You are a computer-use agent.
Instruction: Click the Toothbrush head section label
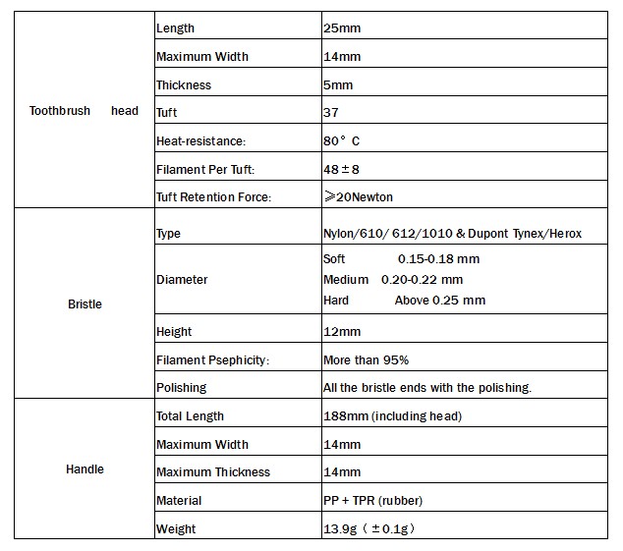coord(85,112)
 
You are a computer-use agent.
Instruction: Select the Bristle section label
coord(85,304)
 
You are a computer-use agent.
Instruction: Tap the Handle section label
coord(85,469)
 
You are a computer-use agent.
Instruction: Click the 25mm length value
coord(341,28)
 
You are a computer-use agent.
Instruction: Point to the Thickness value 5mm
coord(338,85)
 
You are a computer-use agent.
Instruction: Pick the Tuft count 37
coord(331,113)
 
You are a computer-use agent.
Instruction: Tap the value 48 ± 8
coord(342,170)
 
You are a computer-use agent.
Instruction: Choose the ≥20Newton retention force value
coord(358,197)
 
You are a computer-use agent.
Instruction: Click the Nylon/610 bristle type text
coord(452,234)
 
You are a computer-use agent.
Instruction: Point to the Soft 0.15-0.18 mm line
coord(401,259)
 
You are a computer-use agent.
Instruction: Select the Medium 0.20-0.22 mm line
coord(393,280)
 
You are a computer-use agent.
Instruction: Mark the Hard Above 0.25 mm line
coord(404,301)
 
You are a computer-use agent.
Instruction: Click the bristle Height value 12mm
coord(341,332)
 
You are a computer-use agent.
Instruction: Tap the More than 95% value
coord(366,360)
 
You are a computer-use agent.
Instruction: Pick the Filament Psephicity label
coord(212,360)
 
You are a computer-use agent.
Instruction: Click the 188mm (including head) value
coord(392,416)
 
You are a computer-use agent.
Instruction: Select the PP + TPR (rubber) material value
coord(372,501)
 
